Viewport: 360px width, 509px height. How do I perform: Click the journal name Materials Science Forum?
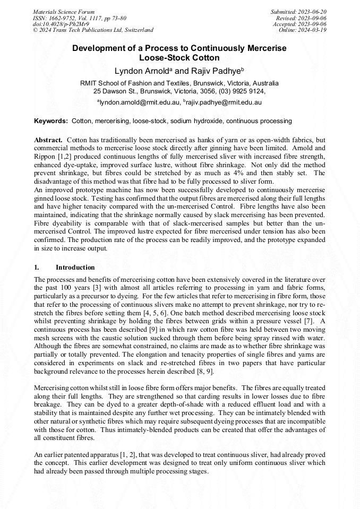[64, 12]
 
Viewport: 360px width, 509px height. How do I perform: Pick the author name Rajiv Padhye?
[218, 71]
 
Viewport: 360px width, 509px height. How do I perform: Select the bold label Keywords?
[51, 121]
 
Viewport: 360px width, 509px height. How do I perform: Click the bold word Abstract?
[48, 140]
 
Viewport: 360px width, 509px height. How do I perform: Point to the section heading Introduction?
[75, 267]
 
